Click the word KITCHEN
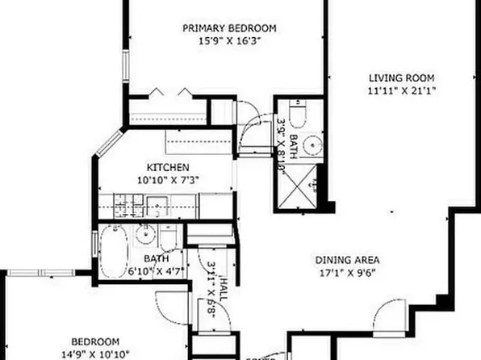pos(168,168)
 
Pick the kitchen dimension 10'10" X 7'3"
pos(168,181)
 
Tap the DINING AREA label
pos(347,260)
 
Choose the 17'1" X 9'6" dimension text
pos(347,273)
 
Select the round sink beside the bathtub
pos(146,236)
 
